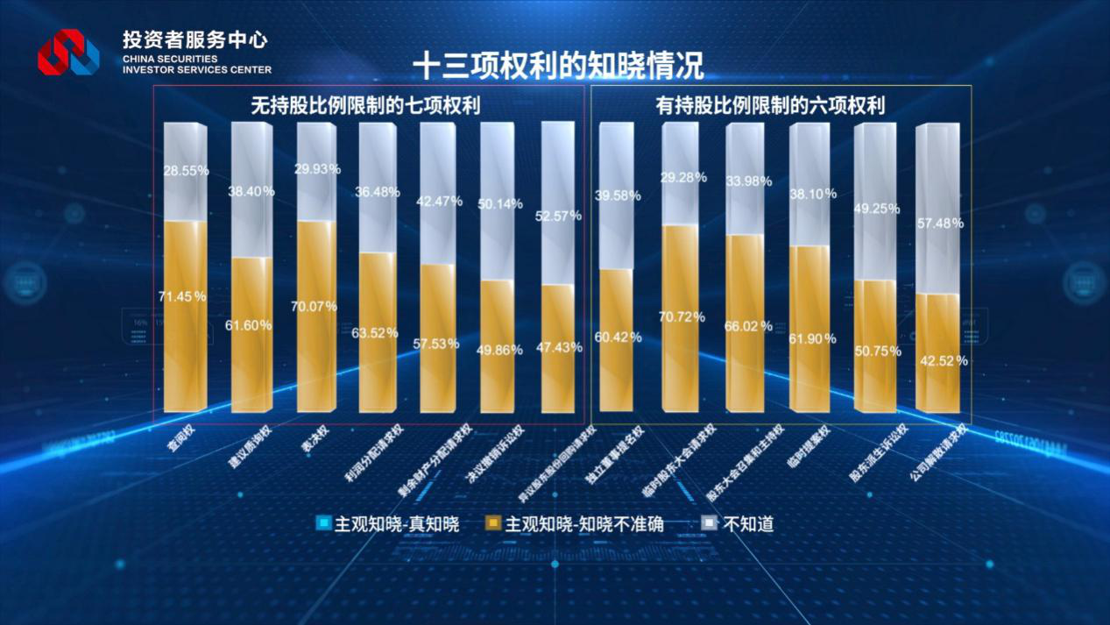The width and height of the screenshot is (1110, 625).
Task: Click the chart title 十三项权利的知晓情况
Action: [x=558, y=67]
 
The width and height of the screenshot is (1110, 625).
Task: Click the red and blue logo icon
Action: [x=67, y=52]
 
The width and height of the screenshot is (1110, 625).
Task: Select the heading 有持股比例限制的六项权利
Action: [x=770, y=106]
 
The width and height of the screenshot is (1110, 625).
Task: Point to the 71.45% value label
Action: [x=182, y=296]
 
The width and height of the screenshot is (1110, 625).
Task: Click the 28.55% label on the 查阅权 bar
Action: [x=184, y=171]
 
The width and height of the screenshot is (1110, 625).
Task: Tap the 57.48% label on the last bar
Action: [x=939, y=224]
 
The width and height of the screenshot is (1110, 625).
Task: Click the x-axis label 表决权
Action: [x=314, y=439]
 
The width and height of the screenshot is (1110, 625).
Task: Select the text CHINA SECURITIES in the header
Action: [x=170, y=59]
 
